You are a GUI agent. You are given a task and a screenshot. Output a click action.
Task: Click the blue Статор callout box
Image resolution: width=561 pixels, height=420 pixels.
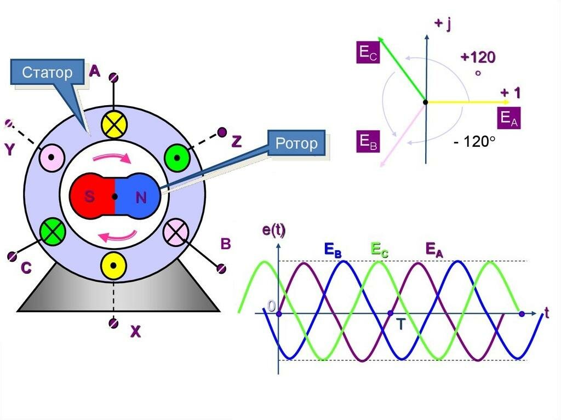[x=47, y=73]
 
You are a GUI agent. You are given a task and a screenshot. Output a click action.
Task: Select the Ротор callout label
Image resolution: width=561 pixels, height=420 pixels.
[x=296, y=144]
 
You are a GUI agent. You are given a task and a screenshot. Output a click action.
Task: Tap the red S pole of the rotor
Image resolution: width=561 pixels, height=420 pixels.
[x=90, y=197]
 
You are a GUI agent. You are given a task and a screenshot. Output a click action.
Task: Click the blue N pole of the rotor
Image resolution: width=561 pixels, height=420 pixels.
[x=139, y=197]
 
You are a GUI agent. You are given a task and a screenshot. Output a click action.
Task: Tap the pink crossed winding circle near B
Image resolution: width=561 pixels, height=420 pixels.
[x=176, y=232]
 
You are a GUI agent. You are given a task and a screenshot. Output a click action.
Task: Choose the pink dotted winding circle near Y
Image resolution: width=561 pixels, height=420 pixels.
[x=52, y=158]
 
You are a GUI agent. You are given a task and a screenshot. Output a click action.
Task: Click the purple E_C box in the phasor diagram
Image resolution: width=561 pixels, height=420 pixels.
[x=368, y=53]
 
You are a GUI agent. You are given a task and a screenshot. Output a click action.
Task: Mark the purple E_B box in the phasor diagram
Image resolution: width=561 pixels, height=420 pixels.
[x=368, y=141]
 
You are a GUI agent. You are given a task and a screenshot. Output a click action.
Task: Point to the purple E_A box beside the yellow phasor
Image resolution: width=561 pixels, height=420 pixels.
[x=507, y=118]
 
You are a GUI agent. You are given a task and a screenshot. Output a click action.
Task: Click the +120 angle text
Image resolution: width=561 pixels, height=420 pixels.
[x=478, y=57]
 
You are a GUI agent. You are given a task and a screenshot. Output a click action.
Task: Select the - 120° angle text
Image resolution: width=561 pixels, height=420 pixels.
[x=474, y=142]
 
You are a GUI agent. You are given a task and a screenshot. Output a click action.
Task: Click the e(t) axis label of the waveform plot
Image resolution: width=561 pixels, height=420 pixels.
[x=274, y=231]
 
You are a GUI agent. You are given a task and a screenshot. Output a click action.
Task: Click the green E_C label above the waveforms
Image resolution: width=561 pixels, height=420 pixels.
[x=380, y=250]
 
